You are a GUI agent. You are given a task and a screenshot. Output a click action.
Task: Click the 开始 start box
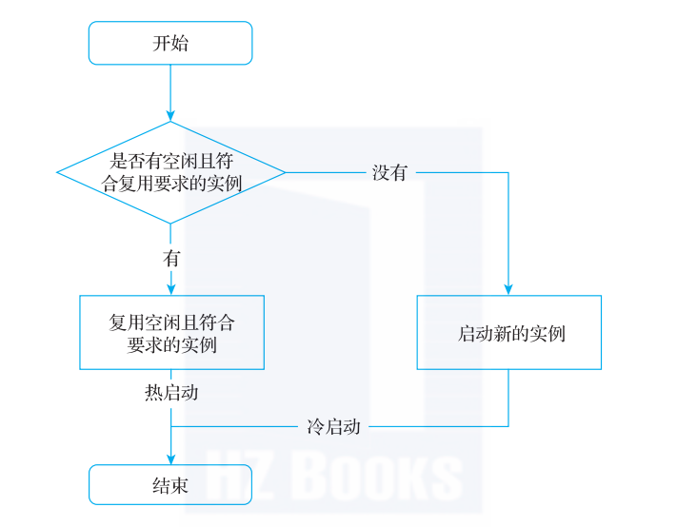[170, 43]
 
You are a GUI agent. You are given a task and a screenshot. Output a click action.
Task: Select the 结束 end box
[170, 485]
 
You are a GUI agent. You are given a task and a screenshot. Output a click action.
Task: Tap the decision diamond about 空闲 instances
[171, 172]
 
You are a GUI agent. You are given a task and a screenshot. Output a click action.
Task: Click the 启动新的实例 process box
[509, 333]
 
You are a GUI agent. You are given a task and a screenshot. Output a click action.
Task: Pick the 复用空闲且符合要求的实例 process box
[171, 333]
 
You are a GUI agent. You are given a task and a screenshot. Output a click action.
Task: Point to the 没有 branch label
[389, 173]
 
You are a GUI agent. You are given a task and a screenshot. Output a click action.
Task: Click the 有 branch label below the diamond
[171, 258]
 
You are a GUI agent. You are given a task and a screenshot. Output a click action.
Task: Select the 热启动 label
[171, 392]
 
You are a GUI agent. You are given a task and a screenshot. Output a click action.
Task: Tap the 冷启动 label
[333, 426]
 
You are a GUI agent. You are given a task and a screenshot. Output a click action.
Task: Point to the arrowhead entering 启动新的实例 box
[508, 289]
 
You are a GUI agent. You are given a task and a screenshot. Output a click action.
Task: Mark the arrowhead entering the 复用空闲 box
[171, 289]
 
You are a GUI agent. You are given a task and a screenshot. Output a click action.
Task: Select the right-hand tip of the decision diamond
[285, 172]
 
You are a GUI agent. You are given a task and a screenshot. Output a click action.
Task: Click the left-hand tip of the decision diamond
[58, 172]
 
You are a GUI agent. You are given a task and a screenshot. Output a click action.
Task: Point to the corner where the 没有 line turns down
[508, 172]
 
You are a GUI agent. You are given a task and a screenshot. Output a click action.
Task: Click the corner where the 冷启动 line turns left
[508, 426]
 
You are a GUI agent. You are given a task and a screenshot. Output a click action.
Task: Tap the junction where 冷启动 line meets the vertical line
[171, 426]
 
